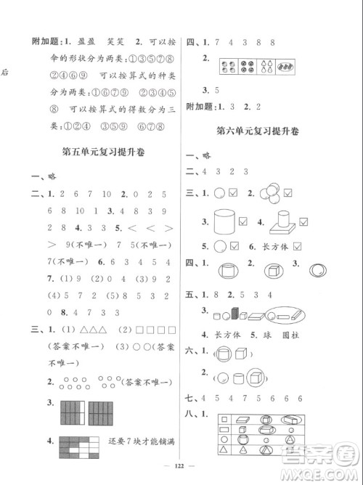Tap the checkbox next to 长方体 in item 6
(298, 246)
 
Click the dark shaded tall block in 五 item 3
(234, 313)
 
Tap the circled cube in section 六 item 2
(254, 378)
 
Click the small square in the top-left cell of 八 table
(224, 420)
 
